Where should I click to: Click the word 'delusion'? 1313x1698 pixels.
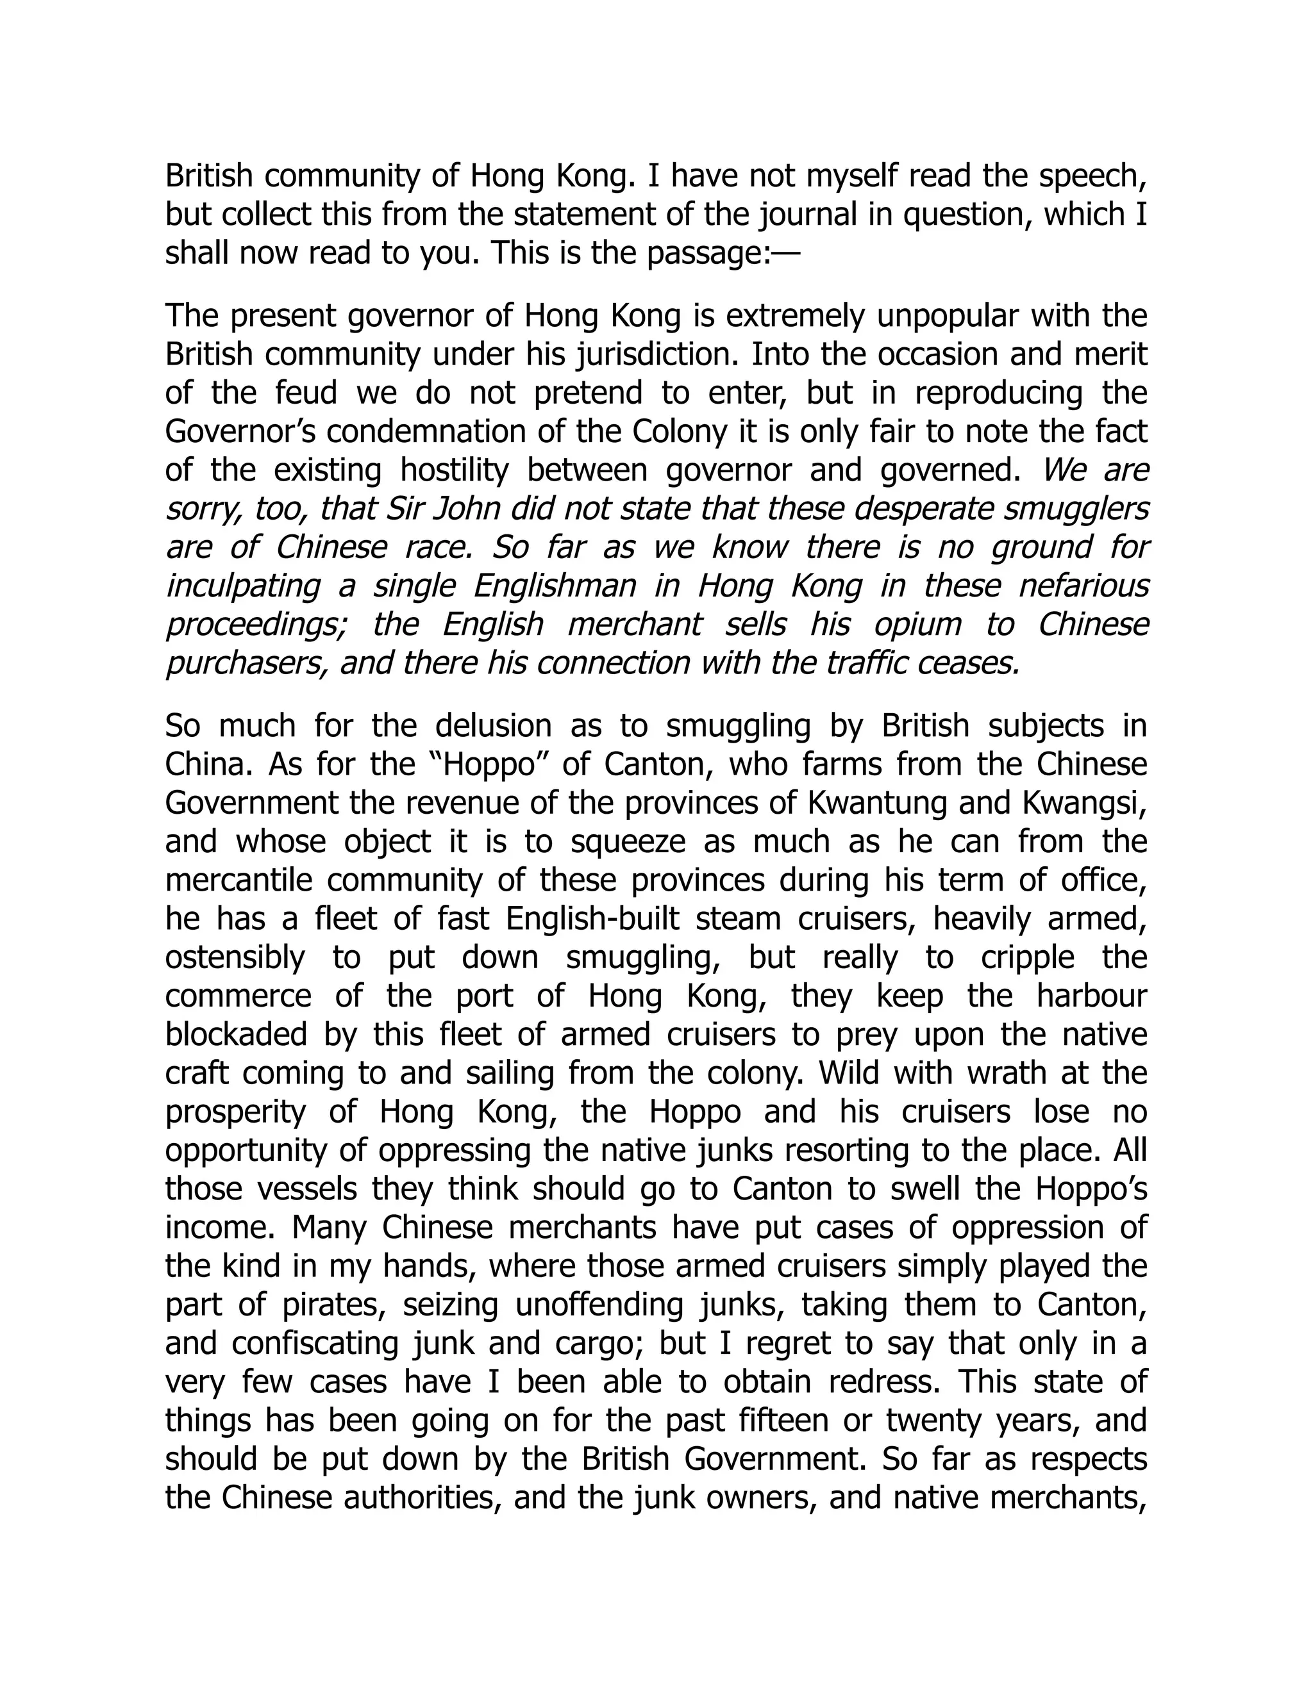[x=492, y=726]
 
